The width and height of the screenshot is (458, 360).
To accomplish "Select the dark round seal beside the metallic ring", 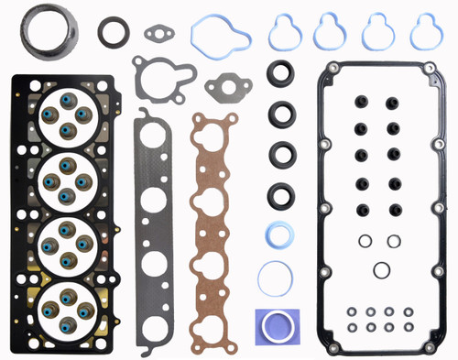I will (x=114, y=29).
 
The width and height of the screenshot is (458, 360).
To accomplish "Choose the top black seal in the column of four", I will (x=281, y=74).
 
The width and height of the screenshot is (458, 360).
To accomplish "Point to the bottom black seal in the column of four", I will (x=281, y=193).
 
